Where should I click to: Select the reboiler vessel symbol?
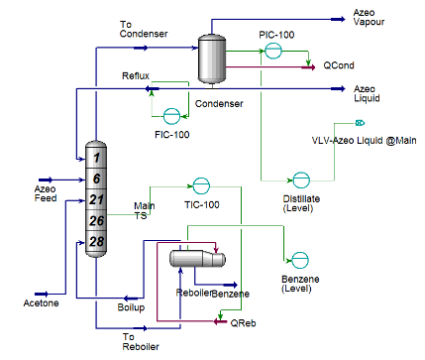pos(194,259)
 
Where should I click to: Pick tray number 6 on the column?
pos(96,178)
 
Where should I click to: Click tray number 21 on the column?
pos(96,200)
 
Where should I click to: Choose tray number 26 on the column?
pos(96,220)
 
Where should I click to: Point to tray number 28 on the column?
pos(96,241)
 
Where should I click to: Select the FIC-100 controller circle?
pos(171,115)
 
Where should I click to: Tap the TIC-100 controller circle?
pos(201,186)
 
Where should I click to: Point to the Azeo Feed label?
pos(45,192)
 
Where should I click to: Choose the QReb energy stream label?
pos(242,322)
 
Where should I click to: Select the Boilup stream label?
pos(133,306)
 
